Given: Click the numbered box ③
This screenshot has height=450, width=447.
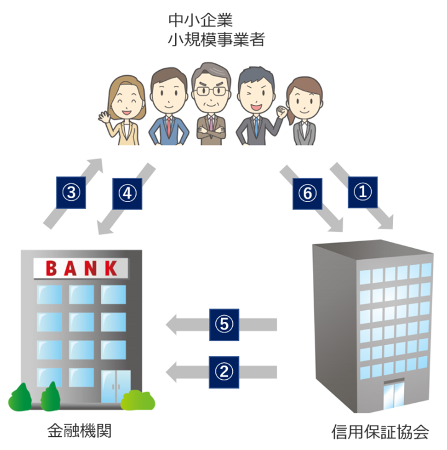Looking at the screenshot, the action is click(71, 193).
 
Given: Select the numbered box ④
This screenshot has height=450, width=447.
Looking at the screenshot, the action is click(127, 194).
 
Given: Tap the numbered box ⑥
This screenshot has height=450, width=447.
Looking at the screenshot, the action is click(307, 194).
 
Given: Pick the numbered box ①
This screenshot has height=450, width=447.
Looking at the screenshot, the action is click(363, 192).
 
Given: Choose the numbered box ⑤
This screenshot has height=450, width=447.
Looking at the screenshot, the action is click(224, 325).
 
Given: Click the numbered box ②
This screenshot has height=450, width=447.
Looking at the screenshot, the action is click(224, 372).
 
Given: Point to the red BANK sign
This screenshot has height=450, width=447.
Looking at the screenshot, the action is click(81, 269).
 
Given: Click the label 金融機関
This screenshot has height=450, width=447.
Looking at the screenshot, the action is click(79, 431).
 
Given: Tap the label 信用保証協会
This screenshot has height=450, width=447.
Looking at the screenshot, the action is click(380, 432).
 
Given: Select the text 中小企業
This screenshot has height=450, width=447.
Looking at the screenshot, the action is click(201, 20).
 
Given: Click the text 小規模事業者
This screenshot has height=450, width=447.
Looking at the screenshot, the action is click(217, 40).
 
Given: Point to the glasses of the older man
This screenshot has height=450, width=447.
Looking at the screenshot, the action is click(211, 91).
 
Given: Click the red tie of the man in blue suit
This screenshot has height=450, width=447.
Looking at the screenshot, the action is click(169, 127).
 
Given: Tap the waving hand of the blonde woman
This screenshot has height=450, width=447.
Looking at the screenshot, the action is click(104, 117).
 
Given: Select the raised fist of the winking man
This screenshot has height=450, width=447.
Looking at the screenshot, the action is click(282, 111).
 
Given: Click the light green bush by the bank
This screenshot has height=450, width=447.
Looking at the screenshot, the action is click(138, 400).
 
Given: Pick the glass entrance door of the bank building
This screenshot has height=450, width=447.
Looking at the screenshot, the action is click(116, 387).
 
